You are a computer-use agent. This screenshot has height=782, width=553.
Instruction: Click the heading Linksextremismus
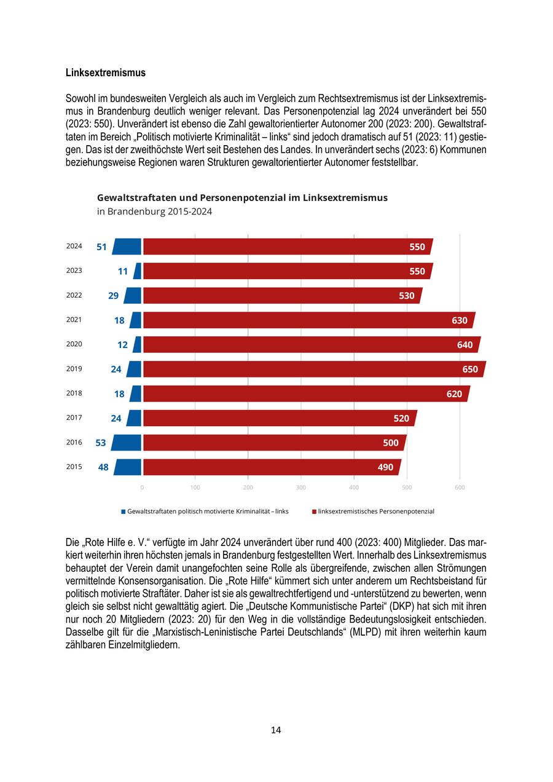pyautogui.click(x=106, y=73)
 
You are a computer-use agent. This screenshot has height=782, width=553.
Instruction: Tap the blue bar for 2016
pyautogui.click(x=127, y=443)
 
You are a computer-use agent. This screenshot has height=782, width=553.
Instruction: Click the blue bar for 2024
pyautogui.click(x=127, y=247)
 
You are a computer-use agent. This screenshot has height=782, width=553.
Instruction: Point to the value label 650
pyautogui.click(x=470, y=369)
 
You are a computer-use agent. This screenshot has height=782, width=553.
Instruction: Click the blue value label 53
pyautogui.click(x=101, y=443)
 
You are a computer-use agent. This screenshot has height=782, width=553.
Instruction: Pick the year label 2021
pyautogui.click(x=74, y=320)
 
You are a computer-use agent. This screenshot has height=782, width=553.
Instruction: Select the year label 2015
pyautogui.click(x=74, y=467)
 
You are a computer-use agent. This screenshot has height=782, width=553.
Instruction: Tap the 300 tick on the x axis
pyautogui.click(x=301, y=488)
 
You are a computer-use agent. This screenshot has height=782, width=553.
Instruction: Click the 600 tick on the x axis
pyautogui.click(x=460, y=488)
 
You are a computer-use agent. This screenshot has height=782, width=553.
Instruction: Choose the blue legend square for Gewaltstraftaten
pyautogui.click(x=124, y=511)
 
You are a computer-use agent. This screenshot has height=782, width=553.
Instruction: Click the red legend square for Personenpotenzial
pyautogui.click(x=314, y=511)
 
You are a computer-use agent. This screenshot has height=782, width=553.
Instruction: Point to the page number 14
pyautogui.click(x=276, y=730)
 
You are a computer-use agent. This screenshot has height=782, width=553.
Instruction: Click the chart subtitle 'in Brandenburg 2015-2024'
pyautogui.click(x=155, y=211)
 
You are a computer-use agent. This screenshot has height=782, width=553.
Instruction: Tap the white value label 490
pyautogui.click(x=385, y=467)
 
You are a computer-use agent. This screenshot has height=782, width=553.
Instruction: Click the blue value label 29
pyautogui.click(x=113, y=296)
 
